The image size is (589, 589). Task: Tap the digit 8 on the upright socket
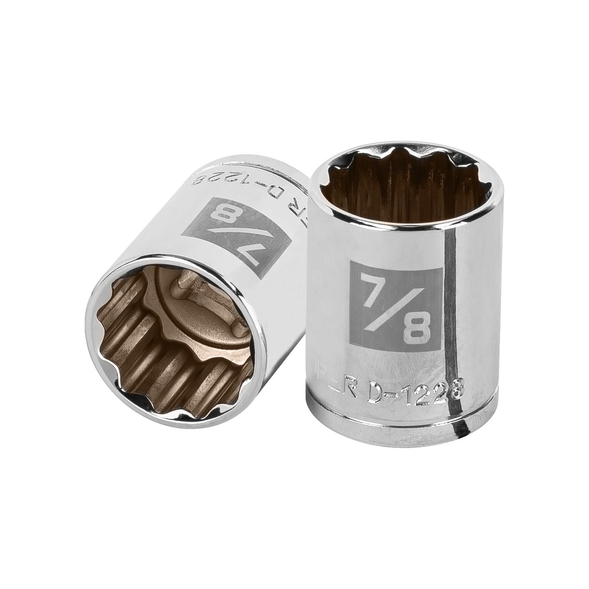(x=419, y=328)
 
